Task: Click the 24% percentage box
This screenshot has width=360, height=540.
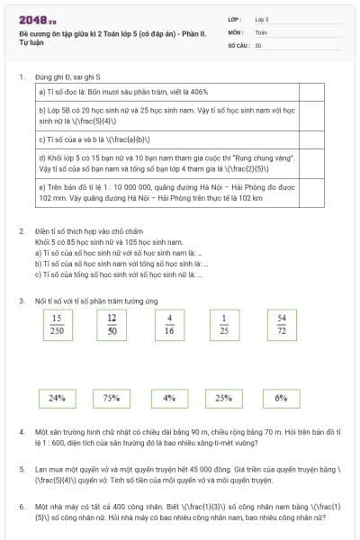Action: (57, 397)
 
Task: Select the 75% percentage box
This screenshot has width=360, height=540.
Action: (112, 397)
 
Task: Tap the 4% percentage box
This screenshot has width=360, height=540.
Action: (169, 397)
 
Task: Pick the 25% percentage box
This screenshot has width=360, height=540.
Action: (225, 397)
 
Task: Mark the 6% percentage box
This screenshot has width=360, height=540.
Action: (281, 397)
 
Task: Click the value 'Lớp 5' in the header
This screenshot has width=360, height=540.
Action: (262, 18)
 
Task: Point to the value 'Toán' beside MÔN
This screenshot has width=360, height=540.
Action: (261, 31)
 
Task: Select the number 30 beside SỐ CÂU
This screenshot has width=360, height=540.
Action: (258, 44)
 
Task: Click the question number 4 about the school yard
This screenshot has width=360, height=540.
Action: (22, 433)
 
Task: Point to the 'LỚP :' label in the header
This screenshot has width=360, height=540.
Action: (235, 18)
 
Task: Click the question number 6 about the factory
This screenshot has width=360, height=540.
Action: (22, 507)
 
